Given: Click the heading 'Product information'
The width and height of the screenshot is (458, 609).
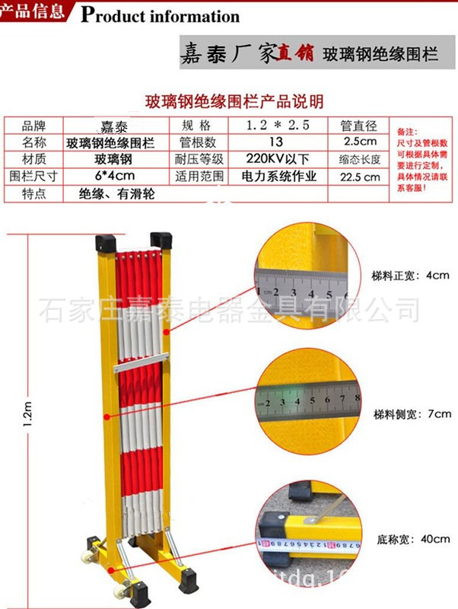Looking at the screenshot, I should (x=160, y=15).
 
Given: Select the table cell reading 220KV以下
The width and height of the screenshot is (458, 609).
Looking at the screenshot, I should (x=276, y=159).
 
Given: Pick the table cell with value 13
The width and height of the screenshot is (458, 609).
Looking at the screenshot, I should (x=276, y=142).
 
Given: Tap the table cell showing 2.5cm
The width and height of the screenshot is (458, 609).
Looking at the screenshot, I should (x=360, y=142).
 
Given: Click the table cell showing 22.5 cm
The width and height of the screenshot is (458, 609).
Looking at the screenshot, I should (x=360, y=177).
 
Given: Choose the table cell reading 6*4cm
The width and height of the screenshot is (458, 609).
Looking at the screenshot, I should (x=114, y=177).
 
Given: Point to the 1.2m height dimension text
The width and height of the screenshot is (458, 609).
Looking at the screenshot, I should (x=28, y=415).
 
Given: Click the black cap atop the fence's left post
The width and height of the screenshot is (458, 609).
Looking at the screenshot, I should (x=105, y=243).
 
